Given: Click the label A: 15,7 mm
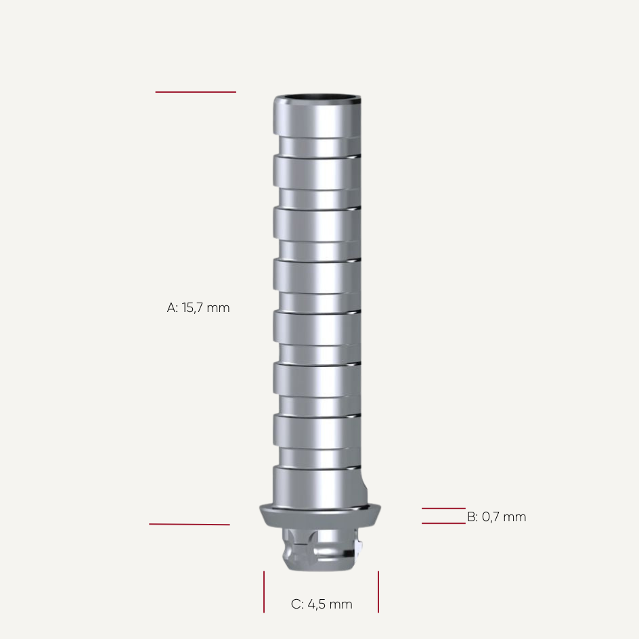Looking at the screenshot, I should (198, 308).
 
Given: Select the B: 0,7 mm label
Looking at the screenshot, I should (496, 517).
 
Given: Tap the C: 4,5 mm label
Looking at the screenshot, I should (322, 604).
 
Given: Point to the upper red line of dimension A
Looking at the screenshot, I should (196, 92).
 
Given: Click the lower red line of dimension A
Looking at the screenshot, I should (190, 524).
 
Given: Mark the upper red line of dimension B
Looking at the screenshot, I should (443, 508).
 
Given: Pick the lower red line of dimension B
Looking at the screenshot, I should (443, 523).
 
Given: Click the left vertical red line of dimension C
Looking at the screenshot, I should (264, 592).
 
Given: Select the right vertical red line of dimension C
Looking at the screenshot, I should (378, 592).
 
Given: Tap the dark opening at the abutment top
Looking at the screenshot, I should (317, 100).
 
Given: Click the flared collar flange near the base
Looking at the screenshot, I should (320, 516).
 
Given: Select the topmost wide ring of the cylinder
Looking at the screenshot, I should (317, 118).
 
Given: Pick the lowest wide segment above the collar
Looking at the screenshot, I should (317, 485).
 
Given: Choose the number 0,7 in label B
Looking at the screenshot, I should (491, 517).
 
